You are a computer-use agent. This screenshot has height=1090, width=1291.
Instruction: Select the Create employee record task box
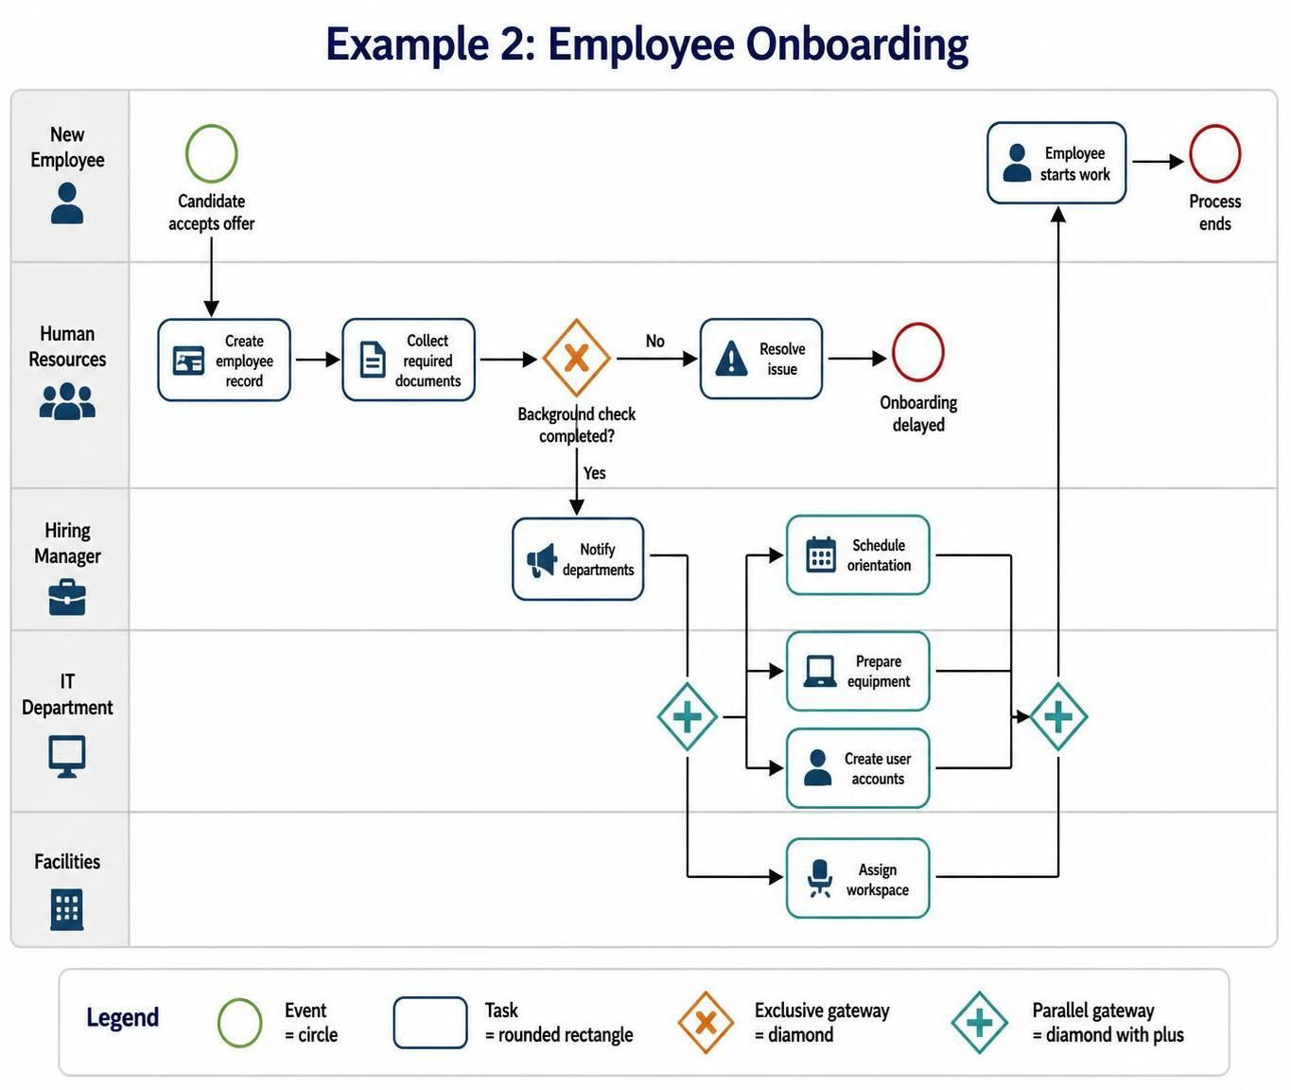[x=224, y=360]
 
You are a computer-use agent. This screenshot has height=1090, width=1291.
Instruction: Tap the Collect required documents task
[x=409, y=360]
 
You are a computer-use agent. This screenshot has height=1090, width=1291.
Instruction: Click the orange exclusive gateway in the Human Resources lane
[x=576, y=358]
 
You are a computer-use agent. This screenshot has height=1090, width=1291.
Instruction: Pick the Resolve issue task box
[x=761, y=359]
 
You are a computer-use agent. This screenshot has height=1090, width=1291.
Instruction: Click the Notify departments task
[x=578, y=559]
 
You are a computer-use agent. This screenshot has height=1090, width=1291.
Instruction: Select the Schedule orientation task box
[x=858, y=554]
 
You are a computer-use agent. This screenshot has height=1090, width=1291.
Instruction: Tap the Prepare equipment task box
[x=858, y=671]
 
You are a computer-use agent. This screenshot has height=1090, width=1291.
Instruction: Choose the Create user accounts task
[x=858, y=768]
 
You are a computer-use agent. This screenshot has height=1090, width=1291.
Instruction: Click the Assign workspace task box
[x=858, y=878]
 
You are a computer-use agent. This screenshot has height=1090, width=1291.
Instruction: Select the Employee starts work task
[x=1056, y=163]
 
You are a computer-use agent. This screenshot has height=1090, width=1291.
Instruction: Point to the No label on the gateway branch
[x=654, y=341]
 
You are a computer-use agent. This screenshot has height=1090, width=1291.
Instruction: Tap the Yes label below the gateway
[x=594, y=473]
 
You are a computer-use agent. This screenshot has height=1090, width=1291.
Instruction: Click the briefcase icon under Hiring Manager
[x=67, y=597]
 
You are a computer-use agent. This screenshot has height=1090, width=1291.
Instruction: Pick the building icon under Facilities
[x=67, y=909]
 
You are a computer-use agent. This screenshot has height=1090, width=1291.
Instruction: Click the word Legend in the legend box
[x=122, y=1018]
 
